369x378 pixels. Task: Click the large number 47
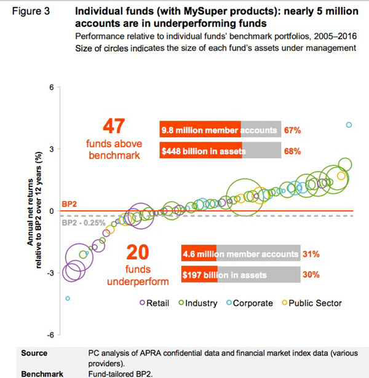pos(114,127)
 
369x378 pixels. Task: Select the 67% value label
pos(292,130)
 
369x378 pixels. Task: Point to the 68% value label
pos(292,151)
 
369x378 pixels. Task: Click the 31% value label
pos(311,254)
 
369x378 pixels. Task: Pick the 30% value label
pos(311,275)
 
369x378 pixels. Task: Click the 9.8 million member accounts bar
pos(220,130)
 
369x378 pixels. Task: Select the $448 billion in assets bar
pos(220,151)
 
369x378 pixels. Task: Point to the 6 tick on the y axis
pos(52,87)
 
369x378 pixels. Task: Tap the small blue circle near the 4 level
pos(349,125)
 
